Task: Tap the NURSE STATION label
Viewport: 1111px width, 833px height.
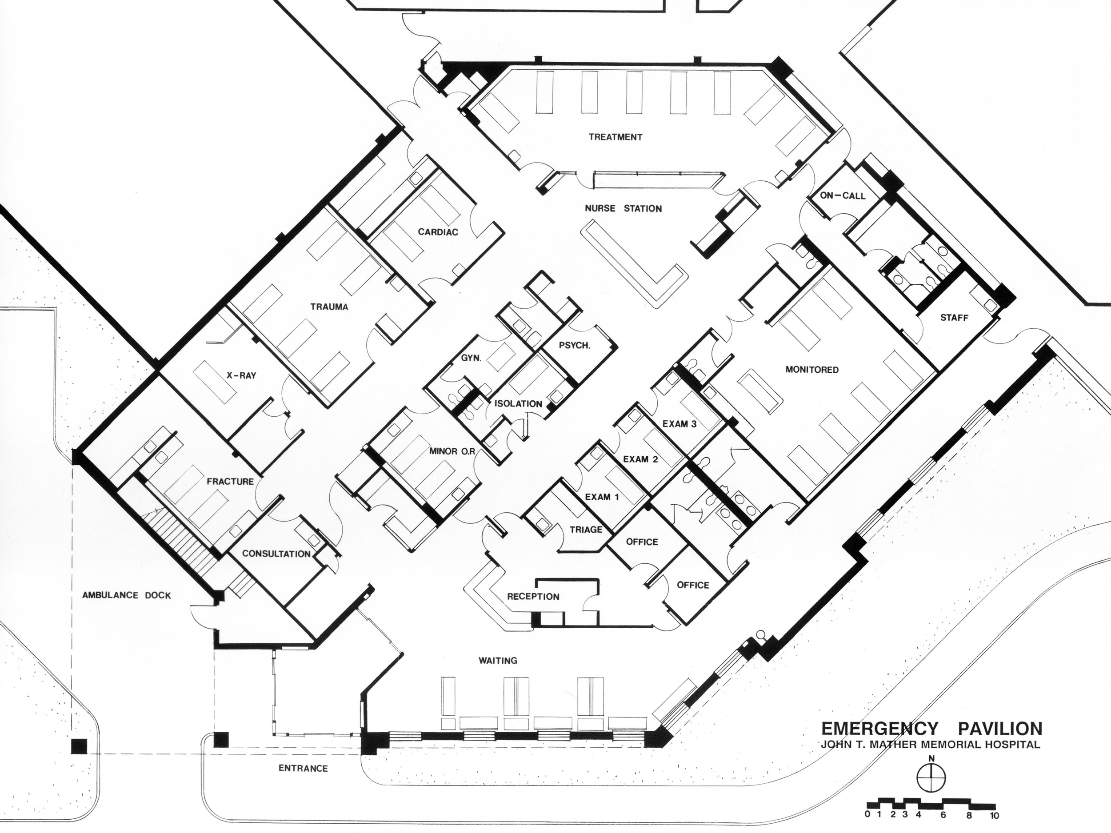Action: pyautogui.click(x=623, y=208)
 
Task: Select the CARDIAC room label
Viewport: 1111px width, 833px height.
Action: pyautogui.click(x=438, y=232)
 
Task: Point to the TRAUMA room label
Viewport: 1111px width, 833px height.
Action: pyautogui.click(x=329, y=307)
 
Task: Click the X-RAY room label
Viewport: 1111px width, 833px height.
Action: pyautogui.click(x=240, y=375)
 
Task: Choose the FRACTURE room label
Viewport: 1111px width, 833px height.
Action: pyautogui.click(x=230, y=482)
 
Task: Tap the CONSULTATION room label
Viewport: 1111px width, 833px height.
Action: pyautogui.click(x=276, y=554)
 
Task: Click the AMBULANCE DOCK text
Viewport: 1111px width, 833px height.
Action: pyautogui.click(x=127, y=595)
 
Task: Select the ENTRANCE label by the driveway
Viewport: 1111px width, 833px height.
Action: pyautogui.click(x=303, y=768)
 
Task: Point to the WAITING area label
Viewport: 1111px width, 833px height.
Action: pyautogui.click(x=498, y=660)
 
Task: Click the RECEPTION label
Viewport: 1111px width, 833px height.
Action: pyautogui.click(x=533, y=597)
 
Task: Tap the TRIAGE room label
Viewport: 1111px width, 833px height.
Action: pyautogui.click(x=586, y=529)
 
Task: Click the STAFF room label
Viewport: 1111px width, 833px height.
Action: pyautogui.click(x=954, y=318)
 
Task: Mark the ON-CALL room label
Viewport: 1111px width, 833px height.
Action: pyautogui.click(x=842, y=195)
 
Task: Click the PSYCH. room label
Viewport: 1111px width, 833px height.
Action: pyautogui.click(x=574, y=346)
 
